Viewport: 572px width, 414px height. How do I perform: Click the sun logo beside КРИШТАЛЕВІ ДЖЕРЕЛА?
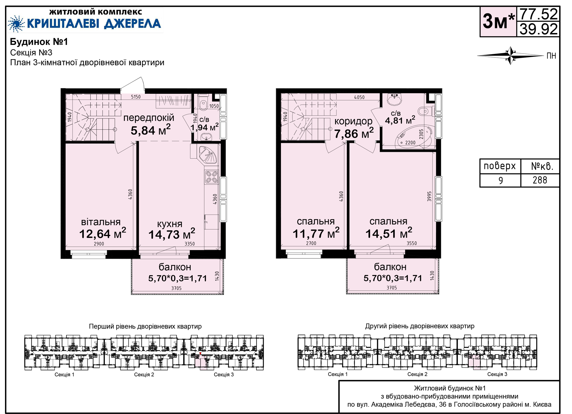click(16, 24)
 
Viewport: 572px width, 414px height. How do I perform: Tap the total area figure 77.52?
click(538, 14)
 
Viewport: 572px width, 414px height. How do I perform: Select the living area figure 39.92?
click(538, 29)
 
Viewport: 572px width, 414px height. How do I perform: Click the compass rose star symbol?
click(511, 56)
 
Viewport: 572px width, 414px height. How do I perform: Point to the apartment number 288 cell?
click(540, 180)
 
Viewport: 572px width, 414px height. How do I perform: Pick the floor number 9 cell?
click(500, 180)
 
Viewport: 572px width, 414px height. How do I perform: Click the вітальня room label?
click(101, 222)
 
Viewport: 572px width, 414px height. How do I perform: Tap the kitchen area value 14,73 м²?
click(172, 234)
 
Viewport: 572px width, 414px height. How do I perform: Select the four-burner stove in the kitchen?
click(211, 177)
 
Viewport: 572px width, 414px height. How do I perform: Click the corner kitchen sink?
click(209, 154)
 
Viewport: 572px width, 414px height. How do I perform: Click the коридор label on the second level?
click(353, 121)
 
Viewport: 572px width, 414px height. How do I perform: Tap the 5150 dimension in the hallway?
click(136, 97)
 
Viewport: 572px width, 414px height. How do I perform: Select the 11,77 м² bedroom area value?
click(316, 233)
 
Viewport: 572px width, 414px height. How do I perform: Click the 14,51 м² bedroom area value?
click(389, 233)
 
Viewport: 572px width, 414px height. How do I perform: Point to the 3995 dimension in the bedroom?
click(429, 196)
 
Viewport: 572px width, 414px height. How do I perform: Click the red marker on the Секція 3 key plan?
click(200, 354)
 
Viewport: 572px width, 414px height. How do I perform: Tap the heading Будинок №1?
click(39, 42)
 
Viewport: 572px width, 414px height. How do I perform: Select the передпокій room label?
click(149, 118)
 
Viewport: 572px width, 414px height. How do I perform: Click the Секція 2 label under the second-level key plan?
click(417, 374)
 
